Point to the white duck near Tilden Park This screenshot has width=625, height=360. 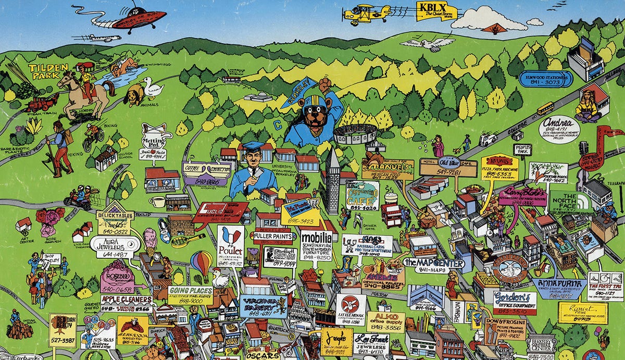click(153, 89)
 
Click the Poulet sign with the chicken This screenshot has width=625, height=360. click(231, 246)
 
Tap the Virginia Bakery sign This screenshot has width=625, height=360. click(264, 306)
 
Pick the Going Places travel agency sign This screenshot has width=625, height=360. click(190, 295)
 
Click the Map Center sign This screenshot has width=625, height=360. click(433, 265)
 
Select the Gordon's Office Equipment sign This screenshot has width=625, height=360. click(515, 302)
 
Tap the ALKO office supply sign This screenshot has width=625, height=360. click(385, 321)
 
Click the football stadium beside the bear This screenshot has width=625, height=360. click(355, 134)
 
